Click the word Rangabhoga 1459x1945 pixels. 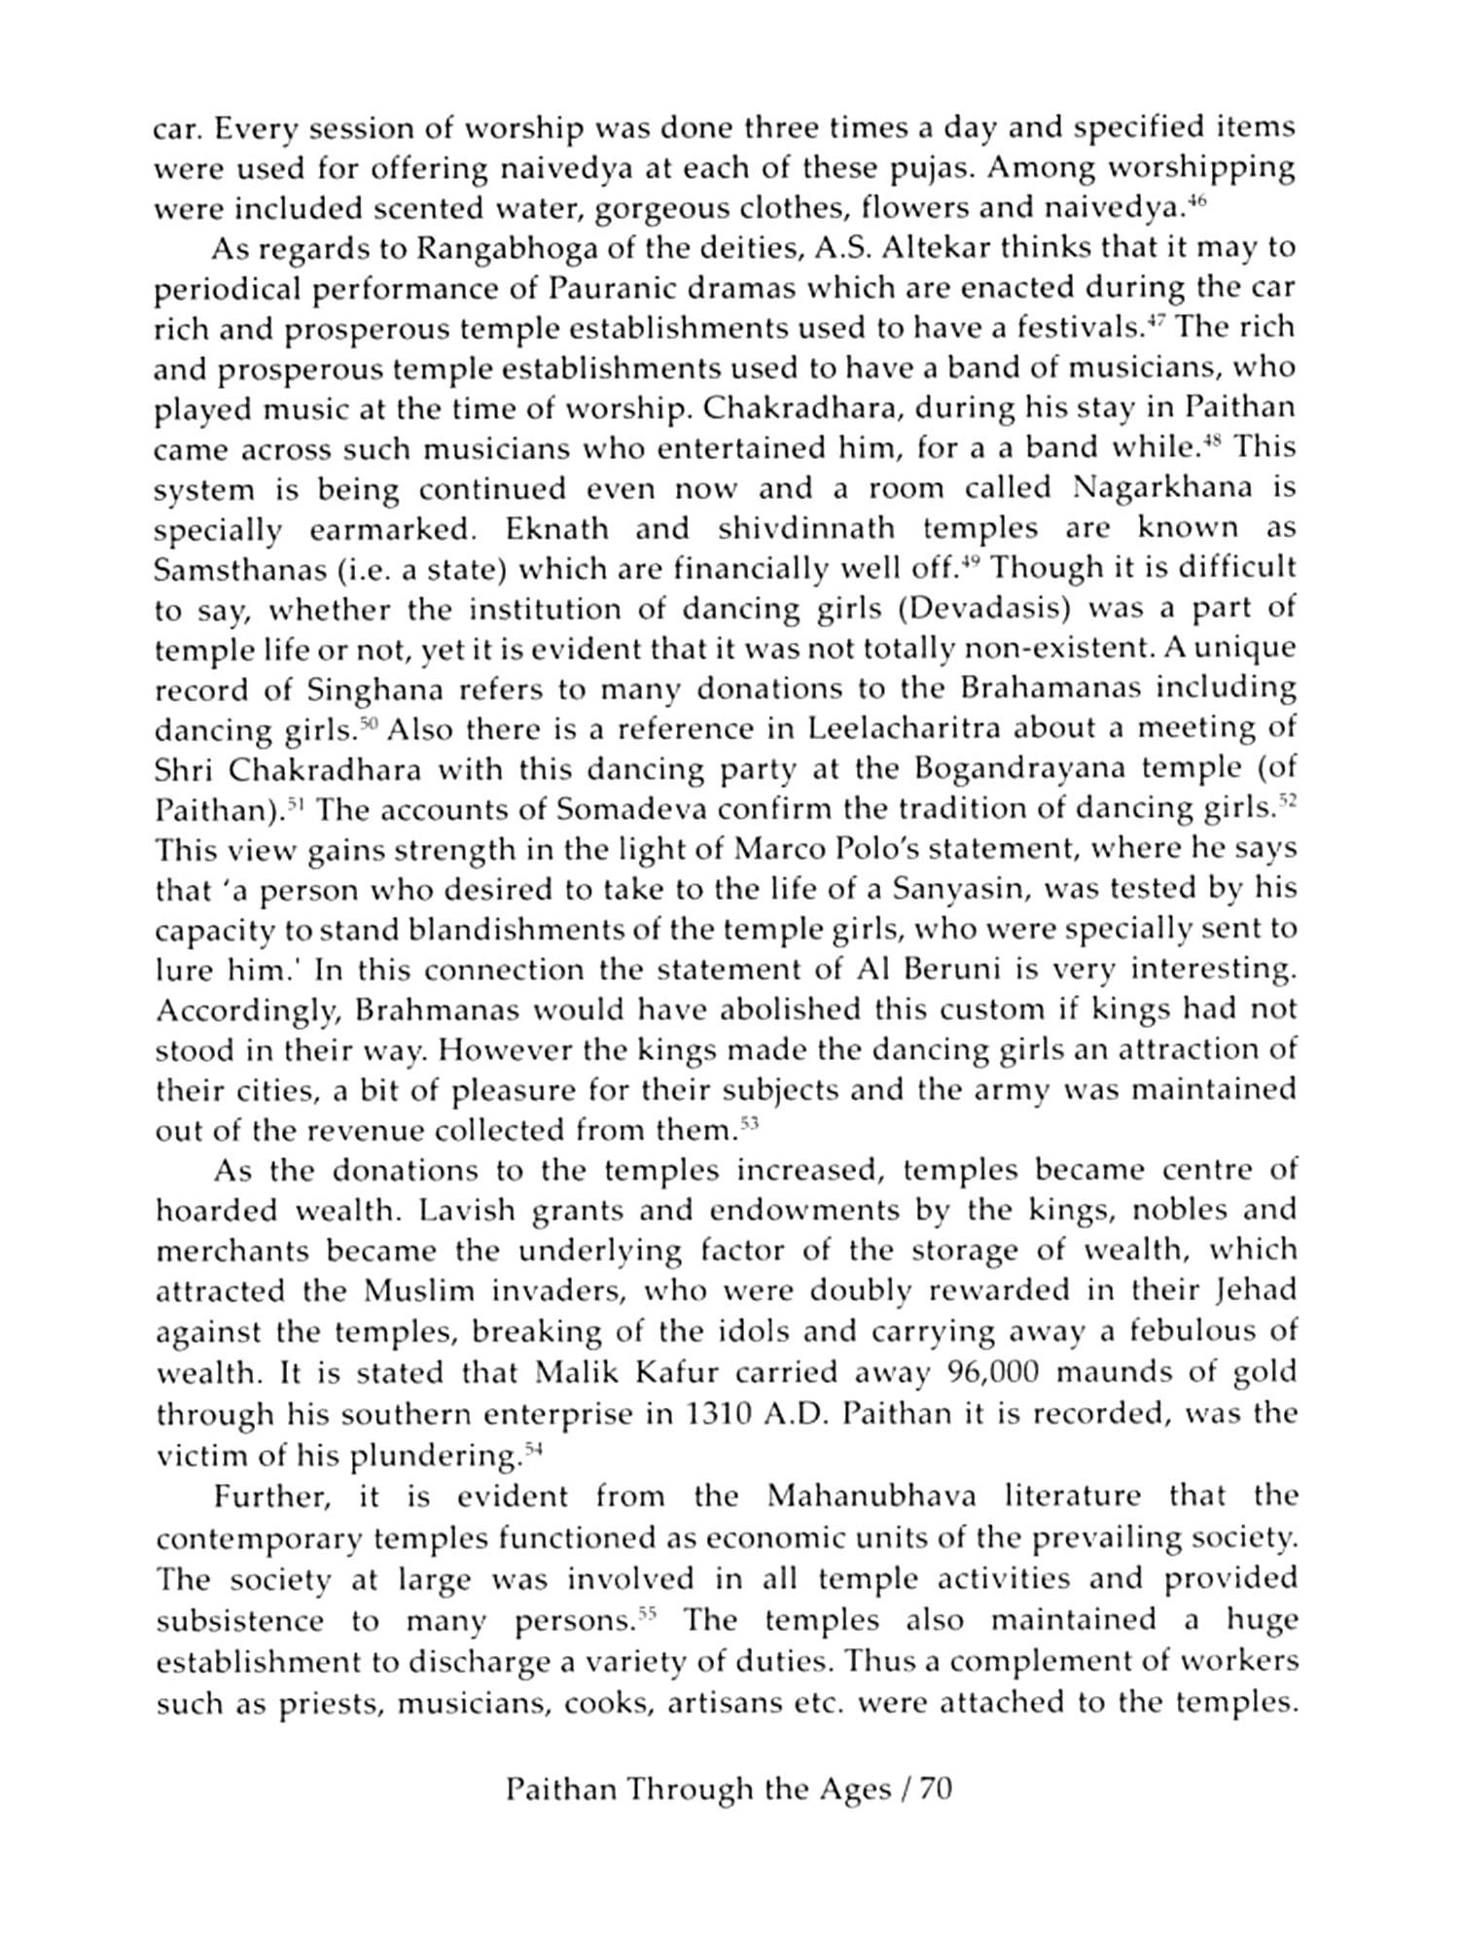[x=498, y=249]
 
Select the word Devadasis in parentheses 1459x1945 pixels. [x=989, y=610]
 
